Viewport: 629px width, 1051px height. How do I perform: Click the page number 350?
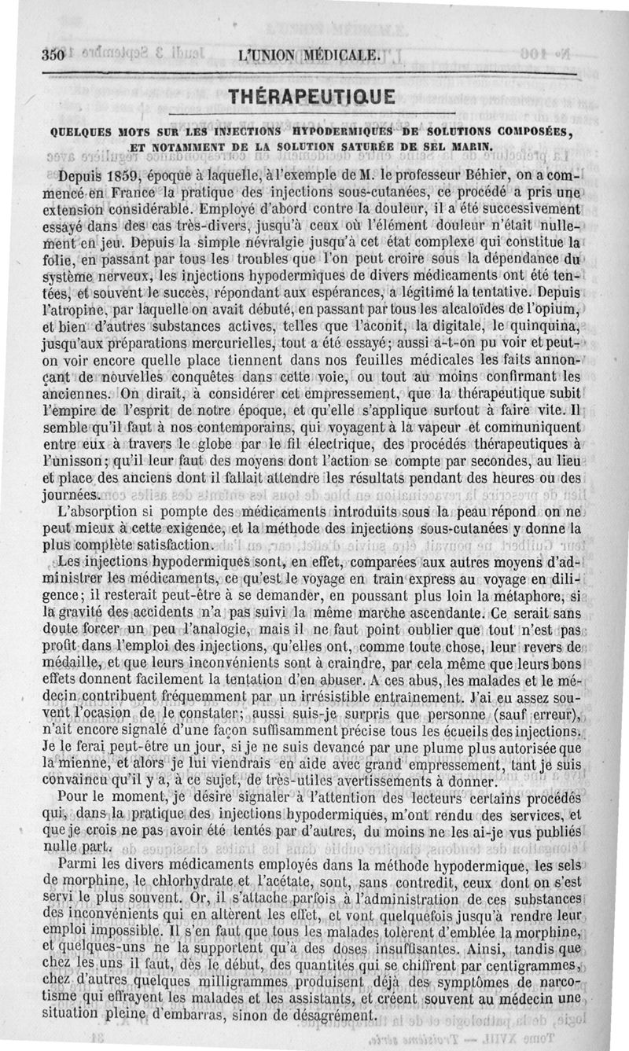coord(52,55)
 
